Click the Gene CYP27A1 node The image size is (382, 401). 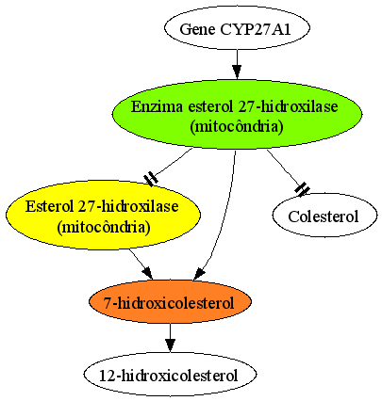coord(237,28)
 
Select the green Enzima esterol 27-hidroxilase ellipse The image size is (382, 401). coord(237,114)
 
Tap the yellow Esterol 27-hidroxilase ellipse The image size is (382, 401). coord(103,215)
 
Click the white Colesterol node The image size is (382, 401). coord(324,216)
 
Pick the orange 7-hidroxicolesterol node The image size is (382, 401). coord(170,301)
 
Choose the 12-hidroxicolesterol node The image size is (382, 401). coord(170,375)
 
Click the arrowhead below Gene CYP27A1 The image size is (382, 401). coord(237,72)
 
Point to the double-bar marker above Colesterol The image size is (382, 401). coord(303,189)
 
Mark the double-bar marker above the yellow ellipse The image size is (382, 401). coord(151,179)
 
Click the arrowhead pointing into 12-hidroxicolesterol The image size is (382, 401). coord(170,345)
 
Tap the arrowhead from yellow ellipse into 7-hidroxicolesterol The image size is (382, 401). coord(147,273)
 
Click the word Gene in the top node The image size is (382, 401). coord(198,29)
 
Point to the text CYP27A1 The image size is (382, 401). coord(256,29)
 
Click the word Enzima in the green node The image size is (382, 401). coord(157,106)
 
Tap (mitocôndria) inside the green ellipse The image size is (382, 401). coord(237,127)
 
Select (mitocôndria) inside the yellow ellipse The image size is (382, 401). coord(104,228)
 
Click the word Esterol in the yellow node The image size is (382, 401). coord(49,207)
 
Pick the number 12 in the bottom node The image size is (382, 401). coord(107,376)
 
